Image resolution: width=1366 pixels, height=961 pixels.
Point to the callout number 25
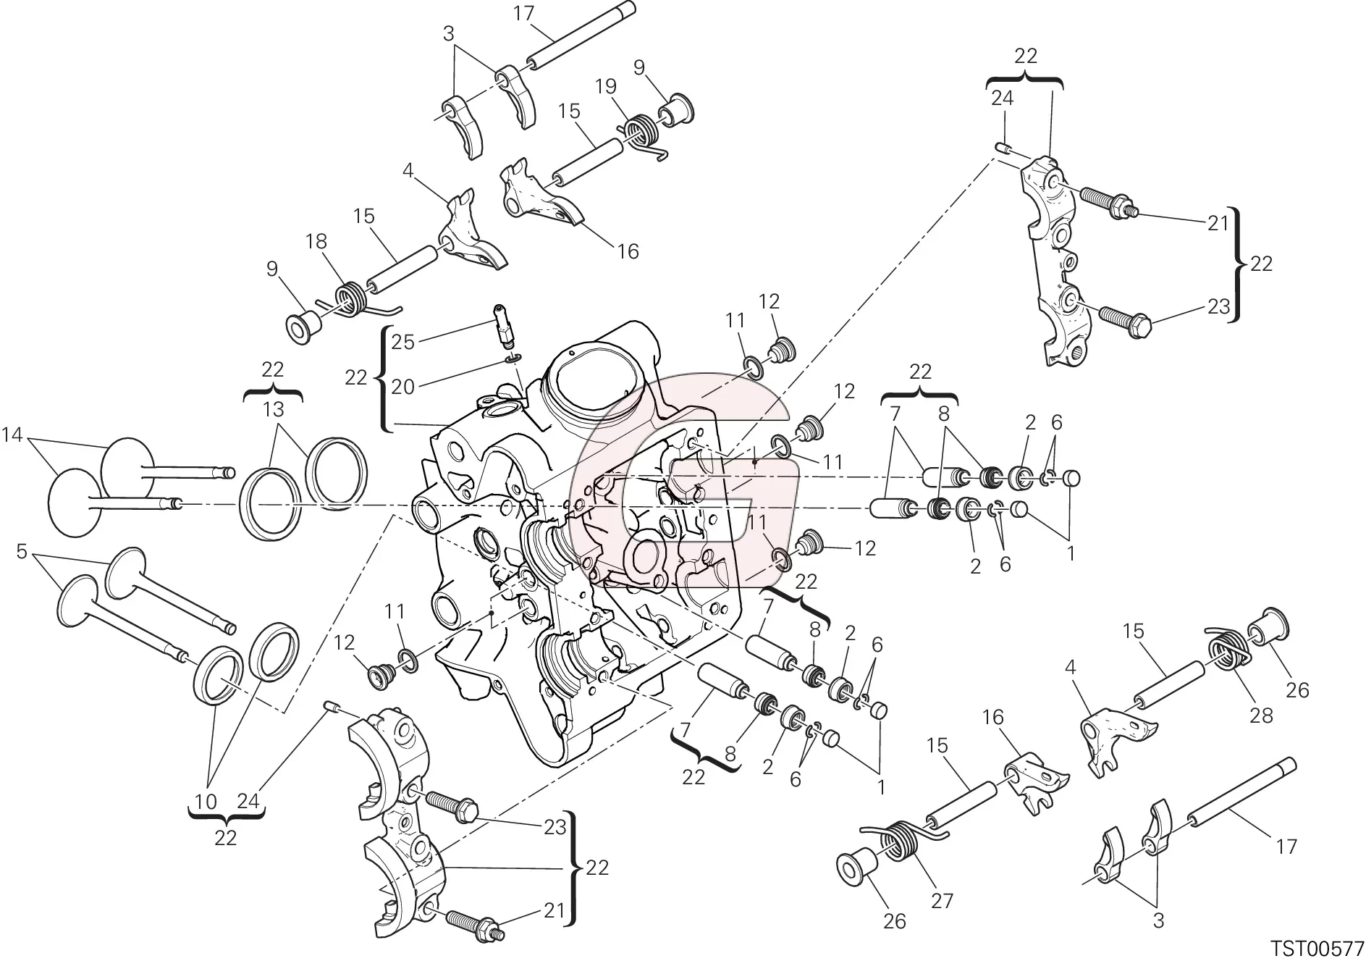402,342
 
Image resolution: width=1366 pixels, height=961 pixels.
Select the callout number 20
402,387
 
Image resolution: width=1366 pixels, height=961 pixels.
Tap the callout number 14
12,435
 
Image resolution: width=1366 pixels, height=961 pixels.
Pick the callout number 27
942,901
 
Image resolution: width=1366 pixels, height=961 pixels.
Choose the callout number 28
1260,716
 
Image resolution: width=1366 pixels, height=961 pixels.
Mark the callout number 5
22,553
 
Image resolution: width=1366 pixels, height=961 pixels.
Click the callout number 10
206,802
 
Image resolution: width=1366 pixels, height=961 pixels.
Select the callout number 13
273,410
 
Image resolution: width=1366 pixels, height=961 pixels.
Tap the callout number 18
316,242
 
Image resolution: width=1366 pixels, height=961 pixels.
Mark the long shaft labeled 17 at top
579,36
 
